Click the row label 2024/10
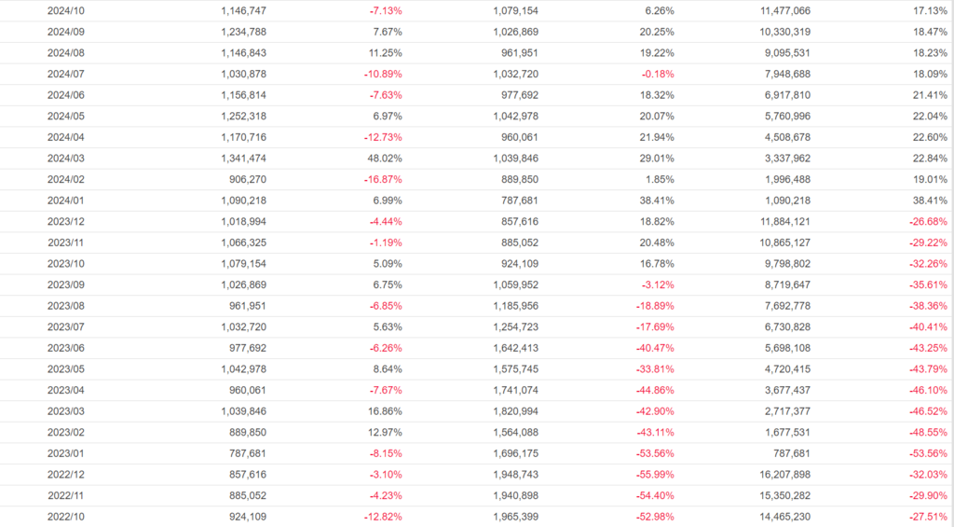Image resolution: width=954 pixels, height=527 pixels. click(x=65, y=10)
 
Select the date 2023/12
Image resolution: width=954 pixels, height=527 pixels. click(x=65, y=221)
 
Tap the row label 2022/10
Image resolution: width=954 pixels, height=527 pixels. click(x=65, y=516)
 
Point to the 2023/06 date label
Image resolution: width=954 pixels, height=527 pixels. click(x=65, y=347)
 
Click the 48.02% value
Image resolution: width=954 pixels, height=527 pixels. click(x=383, y=158)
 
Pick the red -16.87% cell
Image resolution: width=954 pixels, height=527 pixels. click(x=382, y=179)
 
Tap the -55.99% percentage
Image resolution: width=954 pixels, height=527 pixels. click(x=653, y=474)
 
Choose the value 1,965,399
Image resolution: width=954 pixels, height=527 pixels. click(x=515, y=516)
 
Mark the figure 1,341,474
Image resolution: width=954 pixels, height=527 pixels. click(x=243, y=158)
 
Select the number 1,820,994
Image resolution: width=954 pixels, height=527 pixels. click(x=515, y=410)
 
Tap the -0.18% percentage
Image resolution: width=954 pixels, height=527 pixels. click(x=657, y=74)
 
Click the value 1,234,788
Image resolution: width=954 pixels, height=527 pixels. click(x=243, y=32)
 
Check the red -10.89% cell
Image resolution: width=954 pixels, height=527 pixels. click(x=382, y=74)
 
